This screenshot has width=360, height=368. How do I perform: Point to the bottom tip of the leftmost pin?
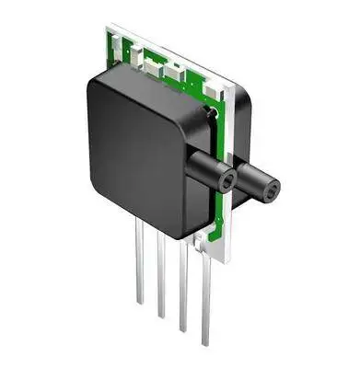pos(140,302)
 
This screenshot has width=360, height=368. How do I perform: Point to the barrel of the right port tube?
pos(253,179)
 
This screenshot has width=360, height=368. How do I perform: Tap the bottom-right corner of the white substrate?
pos(229,261)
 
